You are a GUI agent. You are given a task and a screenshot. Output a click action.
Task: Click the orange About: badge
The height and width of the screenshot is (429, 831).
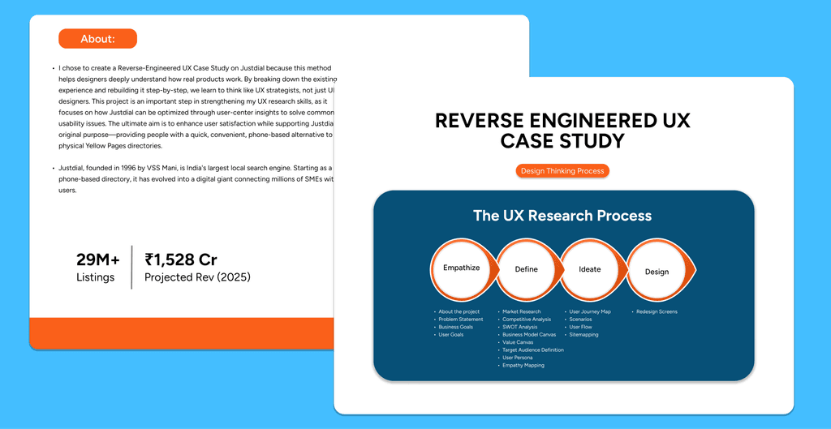tap(97, 39)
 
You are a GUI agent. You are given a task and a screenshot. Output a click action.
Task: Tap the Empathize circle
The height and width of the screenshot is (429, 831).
tap(461, 268)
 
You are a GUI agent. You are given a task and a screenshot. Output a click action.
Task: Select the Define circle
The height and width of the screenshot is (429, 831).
tap(526, 269)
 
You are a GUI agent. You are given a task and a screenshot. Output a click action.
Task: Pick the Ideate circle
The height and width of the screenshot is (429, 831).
tap(590, 269)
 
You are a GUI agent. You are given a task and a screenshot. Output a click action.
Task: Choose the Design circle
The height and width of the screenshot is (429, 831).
tap(657, 272)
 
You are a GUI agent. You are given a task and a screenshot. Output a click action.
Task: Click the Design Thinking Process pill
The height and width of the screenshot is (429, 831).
tap(562, 171)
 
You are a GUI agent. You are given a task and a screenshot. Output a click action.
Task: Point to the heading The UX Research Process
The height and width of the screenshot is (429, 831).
tap(562, 216)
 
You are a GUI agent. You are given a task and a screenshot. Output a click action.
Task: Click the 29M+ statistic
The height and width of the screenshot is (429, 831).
tap(98, 260)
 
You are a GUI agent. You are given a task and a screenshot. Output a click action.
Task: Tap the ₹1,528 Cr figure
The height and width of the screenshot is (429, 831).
tap(181, 260)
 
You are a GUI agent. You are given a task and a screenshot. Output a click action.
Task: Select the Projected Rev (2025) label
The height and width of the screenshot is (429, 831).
tap(197, 277)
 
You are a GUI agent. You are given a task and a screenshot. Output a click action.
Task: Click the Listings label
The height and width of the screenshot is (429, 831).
tap(96, 277)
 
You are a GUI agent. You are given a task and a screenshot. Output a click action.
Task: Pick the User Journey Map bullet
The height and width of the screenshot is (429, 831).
tap(590, 311)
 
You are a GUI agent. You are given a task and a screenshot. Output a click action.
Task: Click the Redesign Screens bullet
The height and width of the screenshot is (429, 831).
tap(657, 311)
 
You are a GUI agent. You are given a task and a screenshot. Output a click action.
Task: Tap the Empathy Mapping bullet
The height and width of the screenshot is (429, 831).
tap(523, 365)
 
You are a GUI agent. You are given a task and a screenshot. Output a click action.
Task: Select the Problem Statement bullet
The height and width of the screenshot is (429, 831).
tap(460, 320)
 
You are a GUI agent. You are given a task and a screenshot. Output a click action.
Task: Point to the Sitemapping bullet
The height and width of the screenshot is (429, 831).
tap(583, 334)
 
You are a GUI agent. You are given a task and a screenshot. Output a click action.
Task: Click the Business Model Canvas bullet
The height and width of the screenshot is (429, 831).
tap(529, 334)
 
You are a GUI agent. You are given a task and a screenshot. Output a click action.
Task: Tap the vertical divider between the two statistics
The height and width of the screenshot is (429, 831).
tap(131, 267)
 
